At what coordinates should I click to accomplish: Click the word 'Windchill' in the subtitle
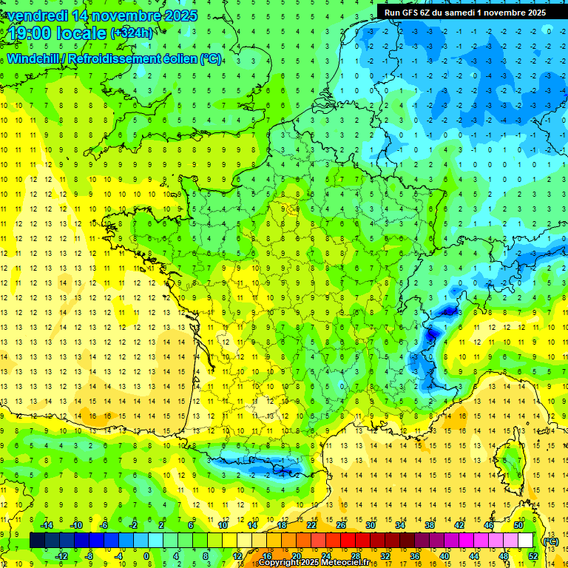coord(33,58)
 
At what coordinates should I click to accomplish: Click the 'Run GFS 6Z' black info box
coord(463,12)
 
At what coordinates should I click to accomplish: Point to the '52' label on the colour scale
coord(533,556)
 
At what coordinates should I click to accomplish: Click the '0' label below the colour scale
coord(146,556)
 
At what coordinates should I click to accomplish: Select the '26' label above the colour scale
coord(340,524)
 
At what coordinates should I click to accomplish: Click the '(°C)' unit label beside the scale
coord(550,541)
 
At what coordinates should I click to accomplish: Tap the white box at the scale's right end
coord(526,541)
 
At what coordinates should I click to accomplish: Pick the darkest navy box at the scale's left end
coord(37,541)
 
